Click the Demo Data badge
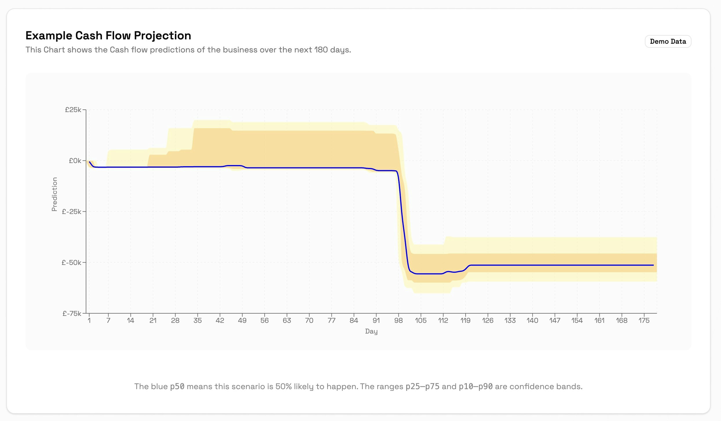[668, 41]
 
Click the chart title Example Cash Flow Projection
[108, 36]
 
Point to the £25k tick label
[73, 110]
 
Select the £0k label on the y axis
[75, 161]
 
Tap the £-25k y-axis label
[72, 212]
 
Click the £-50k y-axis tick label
[72, 263]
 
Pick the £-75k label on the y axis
[72, 314]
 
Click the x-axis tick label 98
[398, 321]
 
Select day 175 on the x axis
[644, 321]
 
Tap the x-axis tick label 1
[89, 321]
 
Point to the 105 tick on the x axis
[421, 321]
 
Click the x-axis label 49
[242, 321]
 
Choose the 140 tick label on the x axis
[532, 321]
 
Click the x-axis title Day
[371, 331]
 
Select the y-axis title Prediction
[54, 194]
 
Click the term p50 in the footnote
[177, 387]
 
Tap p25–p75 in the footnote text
[422, 387]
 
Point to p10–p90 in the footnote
[476, 387]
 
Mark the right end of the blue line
[653, 265]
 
